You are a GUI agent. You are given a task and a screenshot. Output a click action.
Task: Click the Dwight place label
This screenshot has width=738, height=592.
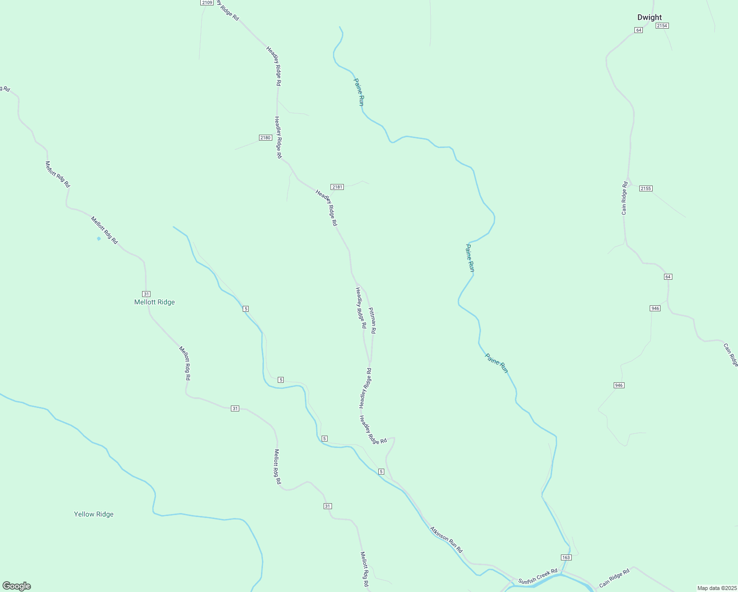pyautogui.click(x=649, y=17)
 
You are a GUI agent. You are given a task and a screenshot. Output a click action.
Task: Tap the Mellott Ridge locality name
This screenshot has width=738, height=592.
pyautogui.click(x=154, y=302)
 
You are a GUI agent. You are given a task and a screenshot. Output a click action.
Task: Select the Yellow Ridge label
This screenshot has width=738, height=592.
pyautogui.click(x=94, y=514)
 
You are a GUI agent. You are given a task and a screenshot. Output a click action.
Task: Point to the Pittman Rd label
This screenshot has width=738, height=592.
pyautogui.click(x=372, y=320)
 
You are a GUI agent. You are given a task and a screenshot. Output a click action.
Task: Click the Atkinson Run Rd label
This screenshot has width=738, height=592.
pyautogui.click(x=446, y=539)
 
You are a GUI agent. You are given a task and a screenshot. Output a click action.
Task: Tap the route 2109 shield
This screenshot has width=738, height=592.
pyautogui.click(x=207, y=2)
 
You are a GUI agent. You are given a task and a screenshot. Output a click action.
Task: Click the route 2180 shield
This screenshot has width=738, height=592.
pyautogui.click(x=265, y=138)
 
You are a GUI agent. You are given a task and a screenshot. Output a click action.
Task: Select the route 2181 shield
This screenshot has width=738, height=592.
pyautogui.click(x=337, y=187)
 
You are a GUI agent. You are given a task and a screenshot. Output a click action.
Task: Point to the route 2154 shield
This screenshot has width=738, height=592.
pyautogui.click(x=662, y=26)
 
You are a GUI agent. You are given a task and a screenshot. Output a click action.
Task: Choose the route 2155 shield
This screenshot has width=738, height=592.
pyautogui.click(x=646, y=188)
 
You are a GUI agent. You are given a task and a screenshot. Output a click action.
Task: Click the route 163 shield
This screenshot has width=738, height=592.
pyautogui.click(x=566, y=557)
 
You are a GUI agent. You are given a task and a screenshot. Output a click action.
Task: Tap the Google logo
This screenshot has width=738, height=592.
pyautogui.click(x=17, y=586)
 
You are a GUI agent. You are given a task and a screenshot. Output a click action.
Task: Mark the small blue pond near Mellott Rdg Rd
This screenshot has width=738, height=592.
pyautogui.click(x=99, y=239)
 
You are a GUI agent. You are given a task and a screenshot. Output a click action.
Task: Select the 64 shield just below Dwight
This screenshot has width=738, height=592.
pyautogui.click(x=639, y=30)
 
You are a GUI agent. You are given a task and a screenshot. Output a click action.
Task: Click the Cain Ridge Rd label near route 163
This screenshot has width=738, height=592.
pyautogui.click(x=614, y=578)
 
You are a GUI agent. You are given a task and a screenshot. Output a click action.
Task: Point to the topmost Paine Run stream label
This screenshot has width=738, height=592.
pyautogui.click(x=359, y=92)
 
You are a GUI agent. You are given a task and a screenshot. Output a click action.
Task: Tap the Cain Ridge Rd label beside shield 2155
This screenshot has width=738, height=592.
pyautogui.click(x=625, y=198)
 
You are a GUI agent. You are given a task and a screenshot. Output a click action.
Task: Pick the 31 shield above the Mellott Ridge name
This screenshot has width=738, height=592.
pyautogui.click(x=146, y=294)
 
